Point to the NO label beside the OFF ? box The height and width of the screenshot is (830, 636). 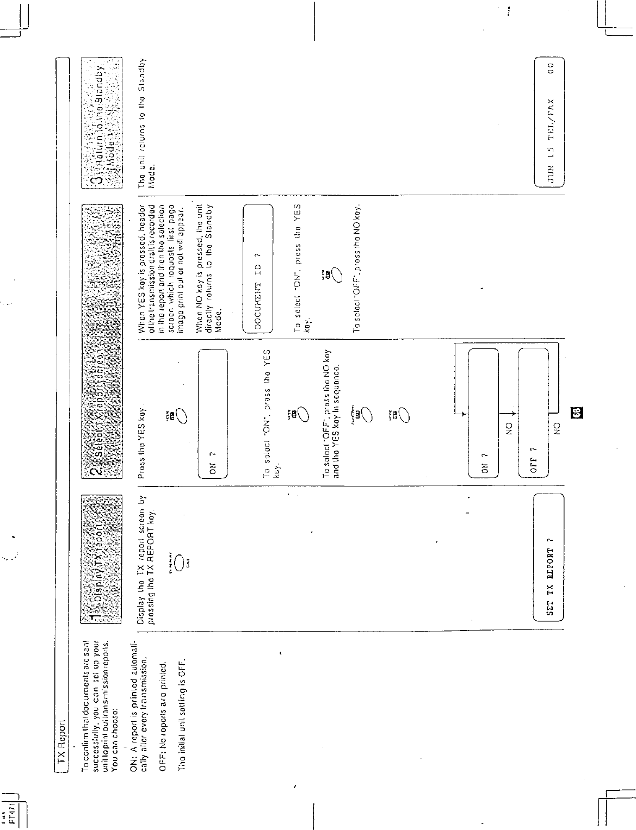[557, 428]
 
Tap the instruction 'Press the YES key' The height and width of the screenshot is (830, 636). [143, 442]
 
